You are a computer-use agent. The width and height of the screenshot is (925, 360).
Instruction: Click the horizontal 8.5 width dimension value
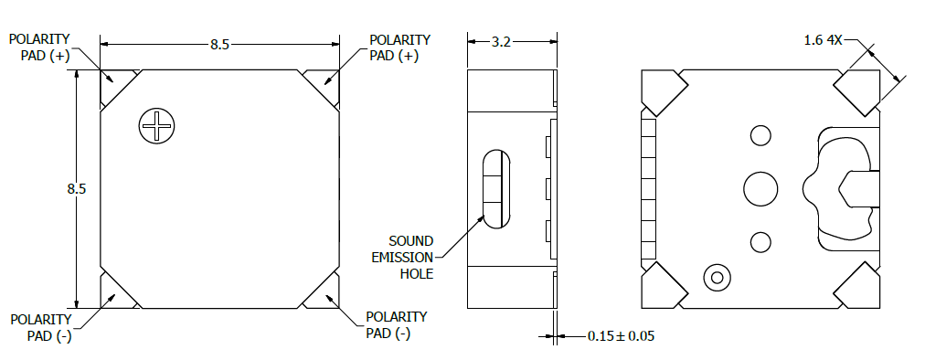pyautogui.click(x=219, y=45)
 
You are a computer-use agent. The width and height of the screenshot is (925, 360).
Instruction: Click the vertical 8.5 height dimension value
pyautogui.click(x=76, y=189)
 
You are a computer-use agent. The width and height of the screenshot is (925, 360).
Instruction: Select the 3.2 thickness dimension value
pyautogui.click(x=501, y=42)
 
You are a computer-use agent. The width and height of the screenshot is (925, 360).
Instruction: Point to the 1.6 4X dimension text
pyautogui.click(x=823, y=40)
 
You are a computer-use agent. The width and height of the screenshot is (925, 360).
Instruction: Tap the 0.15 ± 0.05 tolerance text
pyautogui.click(x=621, y=336)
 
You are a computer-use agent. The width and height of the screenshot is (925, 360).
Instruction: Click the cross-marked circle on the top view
pyautogui.click(x=157, y=126)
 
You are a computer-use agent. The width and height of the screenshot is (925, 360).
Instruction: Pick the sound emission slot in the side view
pyautogui.click(x=496, y=189)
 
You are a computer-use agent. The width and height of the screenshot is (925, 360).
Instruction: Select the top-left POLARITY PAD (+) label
pyautogui.click(x=39, y=48)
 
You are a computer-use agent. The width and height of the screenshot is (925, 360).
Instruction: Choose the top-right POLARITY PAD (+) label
pyautogui.click(x=400, y=48)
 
